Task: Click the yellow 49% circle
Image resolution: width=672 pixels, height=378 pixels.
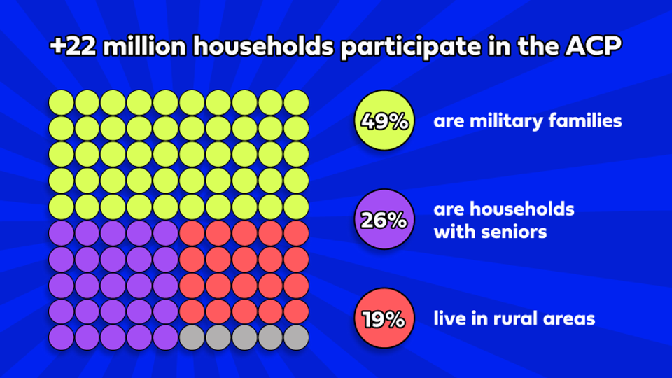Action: click(x=384, y=121)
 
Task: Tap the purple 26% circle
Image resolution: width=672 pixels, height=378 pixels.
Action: click(x=384, y=220)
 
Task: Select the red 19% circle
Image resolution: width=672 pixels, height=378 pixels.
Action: click(x=384, y=319)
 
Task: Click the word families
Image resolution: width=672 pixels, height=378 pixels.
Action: click(x=587, y=121)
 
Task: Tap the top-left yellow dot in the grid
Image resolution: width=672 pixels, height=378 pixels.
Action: click(x=61, y=102)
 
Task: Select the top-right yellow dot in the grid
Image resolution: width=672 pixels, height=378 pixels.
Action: click(x=296, y=102)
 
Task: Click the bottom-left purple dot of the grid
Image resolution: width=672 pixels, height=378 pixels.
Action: click(x=61, y=337)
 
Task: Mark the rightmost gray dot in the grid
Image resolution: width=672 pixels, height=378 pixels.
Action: click(x=296, y=337)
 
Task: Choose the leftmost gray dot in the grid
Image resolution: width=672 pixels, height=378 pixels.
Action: click(x=192, y=337)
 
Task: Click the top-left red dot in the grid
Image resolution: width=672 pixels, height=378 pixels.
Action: click(x=192, y=233)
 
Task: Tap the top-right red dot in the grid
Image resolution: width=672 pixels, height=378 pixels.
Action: click(x=296, y=233)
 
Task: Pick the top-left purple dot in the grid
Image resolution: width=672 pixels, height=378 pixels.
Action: click(x=61, y=233)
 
